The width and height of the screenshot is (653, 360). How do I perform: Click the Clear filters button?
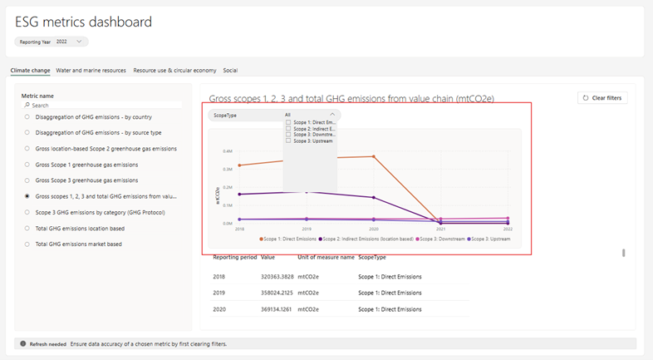(602, 98)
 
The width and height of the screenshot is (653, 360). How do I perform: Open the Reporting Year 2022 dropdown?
(51, 42)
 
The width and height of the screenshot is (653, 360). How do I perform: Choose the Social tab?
(230, 71)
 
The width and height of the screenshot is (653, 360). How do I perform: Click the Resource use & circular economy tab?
(174, 71)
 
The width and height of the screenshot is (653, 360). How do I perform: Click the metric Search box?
(104, 106)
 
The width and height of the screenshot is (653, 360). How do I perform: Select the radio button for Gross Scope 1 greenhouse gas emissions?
(27, 165)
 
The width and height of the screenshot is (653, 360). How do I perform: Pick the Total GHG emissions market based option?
(27, 244)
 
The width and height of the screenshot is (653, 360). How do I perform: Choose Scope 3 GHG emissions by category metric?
(27, 213)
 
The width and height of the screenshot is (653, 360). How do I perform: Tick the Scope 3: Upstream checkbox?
(288, 141)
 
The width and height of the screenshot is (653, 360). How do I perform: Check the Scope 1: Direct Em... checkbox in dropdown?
(288, 122)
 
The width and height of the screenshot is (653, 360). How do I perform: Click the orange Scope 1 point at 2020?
(374, 156)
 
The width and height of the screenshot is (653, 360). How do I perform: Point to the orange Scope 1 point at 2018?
(239, 165)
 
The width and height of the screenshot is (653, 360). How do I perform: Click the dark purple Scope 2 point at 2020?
(374, 197)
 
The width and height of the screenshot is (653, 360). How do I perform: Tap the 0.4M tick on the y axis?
(227, 151)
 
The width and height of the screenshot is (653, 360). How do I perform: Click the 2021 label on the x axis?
(440, 228)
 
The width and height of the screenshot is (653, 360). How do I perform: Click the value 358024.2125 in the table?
(277, 293)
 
